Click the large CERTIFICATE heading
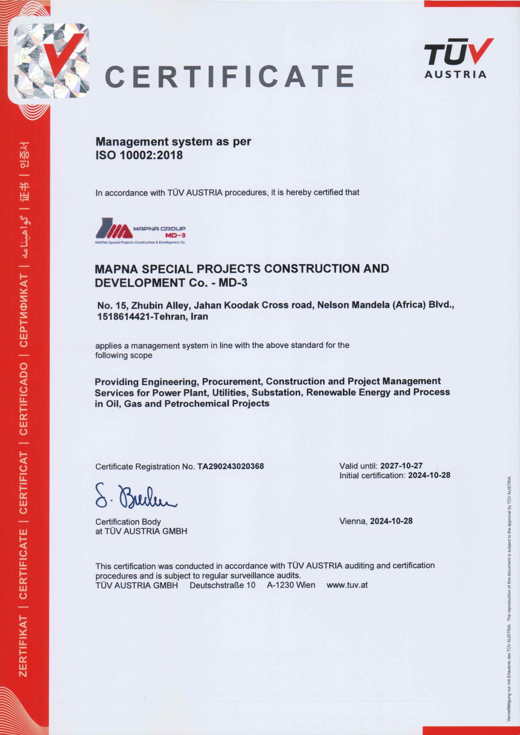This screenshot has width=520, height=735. coord(230,76)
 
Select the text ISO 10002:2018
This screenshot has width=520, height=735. coord(139,155)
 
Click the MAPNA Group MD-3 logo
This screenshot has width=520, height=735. coord(141,231)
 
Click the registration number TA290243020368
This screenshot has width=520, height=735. coord(230,466)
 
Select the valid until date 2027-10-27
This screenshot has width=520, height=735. coord(401,466)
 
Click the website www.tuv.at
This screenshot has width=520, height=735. coord(347,585)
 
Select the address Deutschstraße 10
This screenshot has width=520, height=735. coord(222,585)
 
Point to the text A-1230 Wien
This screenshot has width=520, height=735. coord(291,585)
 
